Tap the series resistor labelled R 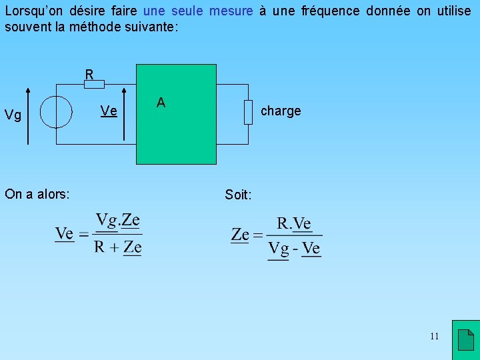pos(94,84)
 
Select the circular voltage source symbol pos(56,111)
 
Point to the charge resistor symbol pos(248,111)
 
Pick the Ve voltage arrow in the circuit pos(124,113)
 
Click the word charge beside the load pos(281,111)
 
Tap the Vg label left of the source pos(13,115)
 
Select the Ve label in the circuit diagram pos(109,111)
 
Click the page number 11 pos(434,336)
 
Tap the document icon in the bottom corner pos(466,340)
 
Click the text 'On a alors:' pos(37,194)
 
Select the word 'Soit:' pos(239,195)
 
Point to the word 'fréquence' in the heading pos(357,11)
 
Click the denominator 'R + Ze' pos(118,247)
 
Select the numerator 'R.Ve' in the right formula pos(294,223)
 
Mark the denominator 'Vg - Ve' pos(294,249)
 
